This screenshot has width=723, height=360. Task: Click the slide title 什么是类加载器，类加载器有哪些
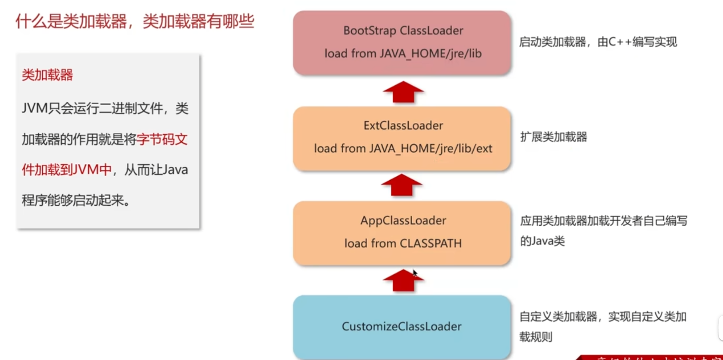pyautogui.click(x=135, y=21)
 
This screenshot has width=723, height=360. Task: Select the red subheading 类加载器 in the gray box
pyautogui.click(x=47, y=75)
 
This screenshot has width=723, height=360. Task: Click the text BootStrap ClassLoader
pyautogui.click(x=403, y=30)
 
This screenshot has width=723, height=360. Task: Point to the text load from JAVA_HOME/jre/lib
pyautogui.click(x=403, y=53)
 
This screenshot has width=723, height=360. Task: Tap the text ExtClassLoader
pyautogui.click(x=403, y=125)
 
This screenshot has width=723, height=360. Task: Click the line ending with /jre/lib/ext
pyautogui.click(x=403, y=148)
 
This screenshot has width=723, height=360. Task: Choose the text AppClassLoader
pyautogui.click(x=403, y=220)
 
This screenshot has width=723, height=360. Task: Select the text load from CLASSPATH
pyautogui.click(x=403, y=243)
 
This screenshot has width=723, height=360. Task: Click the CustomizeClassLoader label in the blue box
pyautogui.click(x=401, y=326)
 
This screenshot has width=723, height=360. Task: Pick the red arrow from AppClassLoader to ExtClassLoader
pyautogui.click(x=401, y=185)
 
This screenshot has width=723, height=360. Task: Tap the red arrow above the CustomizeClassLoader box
pyautogui.click(x=403, y=281)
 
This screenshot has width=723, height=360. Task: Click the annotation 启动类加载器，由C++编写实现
pyautogui.click(x=597, y=42)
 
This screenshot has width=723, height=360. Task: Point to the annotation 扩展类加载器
pyautogui.click(x=553, y=137)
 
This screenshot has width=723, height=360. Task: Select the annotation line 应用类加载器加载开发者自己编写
pyautogui.click(x=603, y=221)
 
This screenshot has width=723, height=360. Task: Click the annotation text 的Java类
pyautogui.click(x=542, y=241)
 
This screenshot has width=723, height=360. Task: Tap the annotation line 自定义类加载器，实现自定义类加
pyautogui.click(x=603, y=317)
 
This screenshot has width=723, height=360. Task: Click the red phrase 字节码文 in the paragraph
pyautogui.click(x=162, y=140)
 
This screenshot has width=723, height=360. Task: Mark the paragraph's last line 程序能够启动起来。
pyautogui.click(x=76, y=201)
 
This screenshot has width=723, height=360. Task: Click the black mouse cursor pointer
pyautogui.click(x=415, y=273)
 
